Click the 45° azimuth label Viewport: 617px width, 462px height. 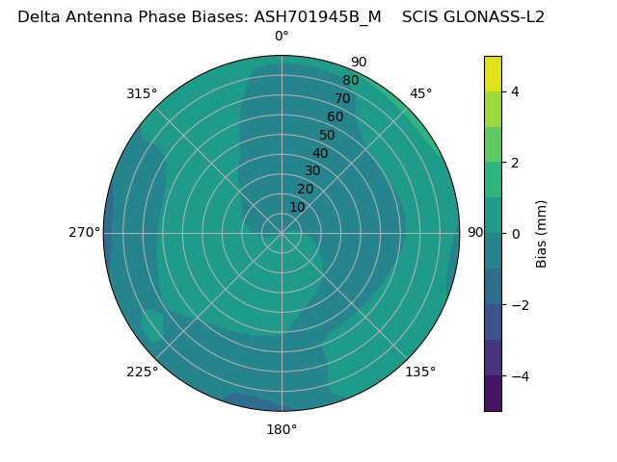[x=420, y=93]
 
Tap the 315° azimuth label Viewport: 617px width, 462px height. [x=142, y=93]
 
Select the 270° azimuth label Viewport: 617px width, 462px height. [x=84, y=232]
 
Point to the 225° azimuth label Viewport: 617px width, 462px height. [x=142, y=372]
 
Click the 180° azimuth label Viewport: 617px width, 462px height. [x=282, y=429]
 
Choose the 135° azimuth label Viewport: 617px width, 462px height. [x=420, y=372]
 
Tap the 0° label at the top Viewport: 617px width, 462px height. [x=282, y=37]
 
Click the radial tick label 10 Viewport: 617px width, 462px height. [x=297, y=207]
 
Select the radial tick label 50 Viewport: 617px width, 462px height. [x=328, y=135]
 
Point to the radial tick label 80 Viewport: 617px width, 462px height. [x=351, y=80]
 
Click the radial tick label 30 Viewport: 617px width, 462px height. [x=312, y=170]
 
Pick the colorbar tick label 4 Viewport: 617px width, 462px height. [x=516, y=91]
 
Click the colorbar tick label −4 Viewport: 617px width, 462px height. [x=520, y=375]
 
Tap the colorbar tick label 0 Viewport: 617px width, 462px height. [x=516, y=233]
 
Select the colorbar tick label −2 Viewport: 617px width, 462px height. [x=520, y=304]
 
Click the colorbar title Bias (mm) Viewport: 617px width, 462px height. [x=542, y=233]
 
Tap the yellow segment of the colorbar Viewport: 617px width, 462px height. [x=493, y=73]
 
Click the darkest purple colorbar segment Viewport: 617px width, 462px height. [x=493, y=393]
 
